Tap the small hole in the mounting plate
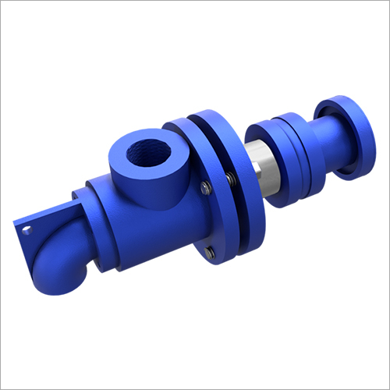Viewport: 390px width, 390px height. tap(26, 229)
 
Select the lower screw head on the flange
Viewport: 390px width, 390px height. tap(211, 252)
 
